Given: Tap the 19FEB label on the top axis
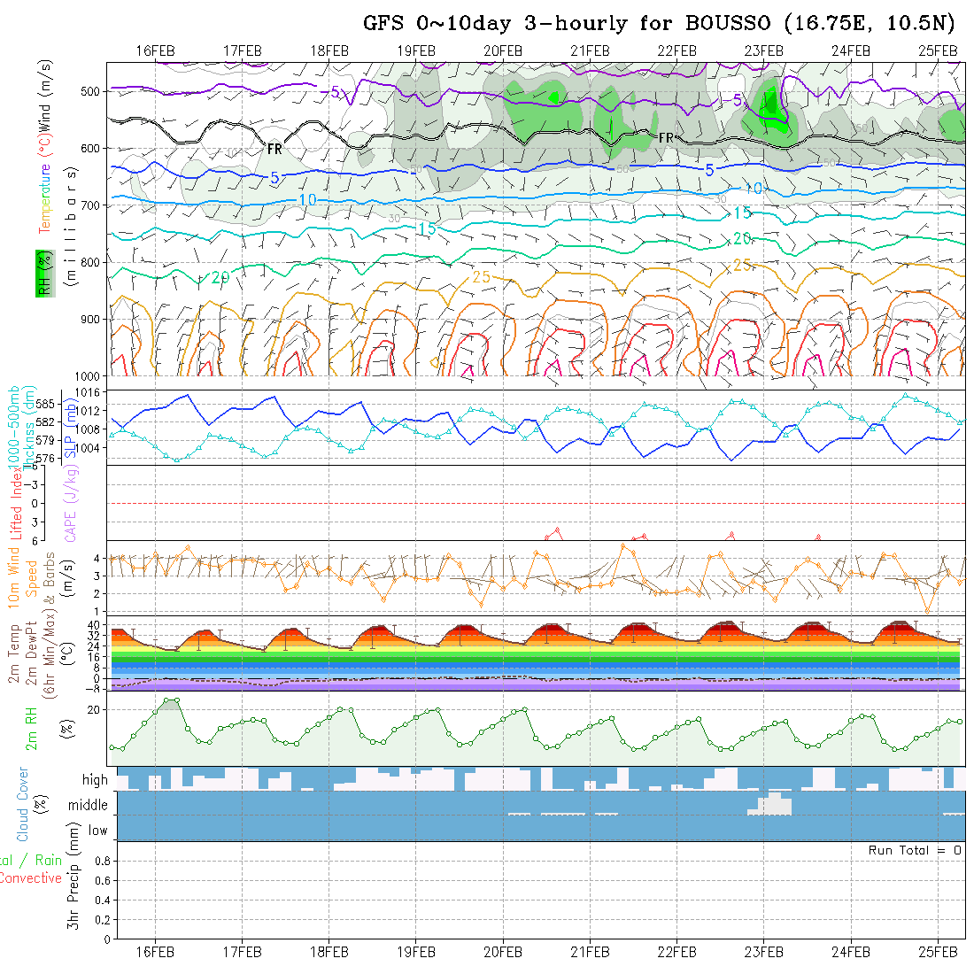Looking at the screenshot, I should coord(416,50).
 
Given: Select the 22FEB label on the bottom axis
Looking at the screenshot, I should coord(676,951).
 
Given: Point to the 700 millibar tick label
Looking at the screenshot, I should coord(92,205).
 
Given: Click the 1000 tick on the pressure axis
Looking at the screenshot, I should coord(89,376).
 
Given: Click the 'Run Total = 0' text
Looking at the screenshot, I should coord(915,850).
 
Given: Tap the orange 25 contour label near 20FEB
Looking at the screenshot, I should coord(482,277).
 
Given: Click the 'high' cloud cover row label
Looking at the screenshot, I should coord(95,780).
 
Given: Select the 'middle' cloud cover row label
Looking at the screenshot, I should coord(88,805).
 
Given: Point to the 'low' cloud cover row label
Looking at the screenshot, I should coord(97,831).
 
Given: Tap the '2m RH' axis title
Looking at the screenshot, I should coord(31,728).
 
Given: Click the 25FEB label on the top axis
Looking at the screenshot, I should coord(938,50).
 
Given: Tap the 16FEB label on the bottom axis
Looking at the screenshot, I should coord(156,951).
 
